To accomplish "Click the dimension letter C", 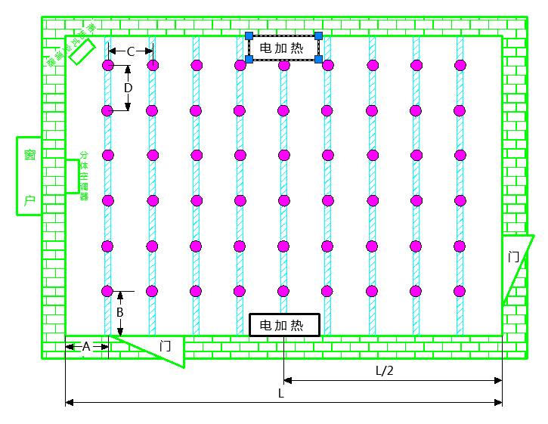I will click(130, 51).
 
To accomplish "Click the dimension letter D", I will click(128, 88).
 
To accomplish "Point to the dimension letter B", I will click(119, 311).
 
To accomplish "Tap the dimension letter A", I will click(86, 346).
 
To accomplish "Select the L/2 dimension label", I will click(385, 370).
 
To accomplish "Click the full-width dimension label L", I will click(281, 393).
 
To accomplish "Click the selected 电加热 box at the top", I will click(283, 48).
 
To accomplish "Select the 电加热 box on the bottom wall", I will click(284, 325).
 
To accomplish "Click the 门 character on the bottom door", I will click(166, 346).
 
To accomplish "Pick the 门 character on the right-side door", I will click(514, 256).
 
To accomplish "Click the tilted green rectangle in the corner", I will click(80, 50).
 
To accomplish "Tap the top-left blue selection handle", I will click(249, 36).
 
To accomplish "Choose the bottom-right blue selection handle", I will click(319, 59).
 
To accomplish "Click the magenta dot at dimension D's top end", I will click(108, 66).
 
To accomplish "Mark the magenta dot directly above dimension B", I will click(107, 291).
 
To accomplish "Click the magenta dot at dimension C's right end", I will click(153, 66).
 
